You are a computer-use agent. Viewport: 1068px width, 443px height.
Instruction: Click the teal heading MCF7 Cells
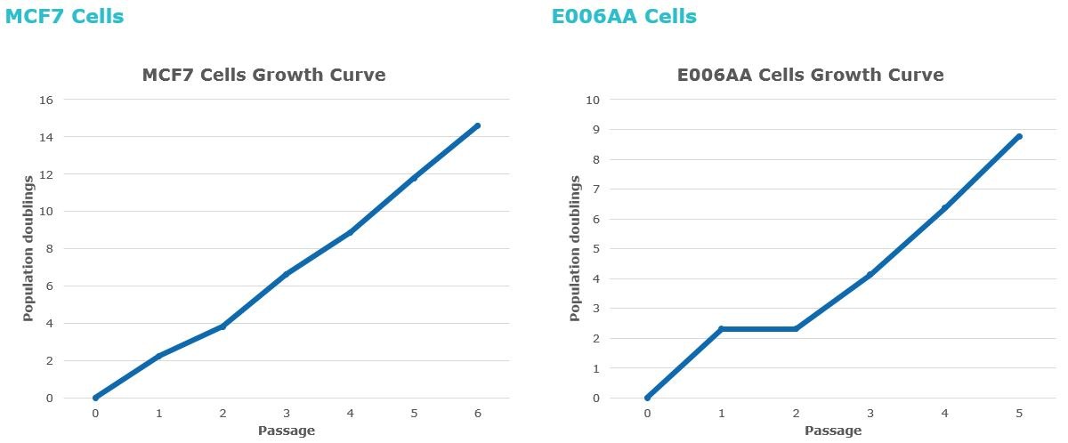point(64,16)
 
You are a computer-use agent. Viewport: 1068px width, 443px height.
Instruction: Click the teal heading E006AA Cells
point(624,16)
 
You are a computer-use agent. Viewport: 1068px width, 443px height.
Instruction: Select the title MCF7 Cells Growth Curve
point(263,75)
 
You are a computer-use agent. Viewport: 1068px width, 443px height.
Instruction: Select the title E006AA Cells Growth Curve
point(810,75)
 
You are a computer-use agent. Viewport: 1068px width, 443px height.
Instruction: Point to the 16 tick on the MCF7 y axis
point(47,100)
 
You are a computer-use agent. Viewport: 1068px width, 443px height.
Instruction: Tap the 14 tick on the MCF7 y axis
point(47,137)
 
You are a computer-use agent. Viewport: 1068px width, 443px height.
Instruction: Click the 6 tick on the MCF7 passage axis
point(478,414)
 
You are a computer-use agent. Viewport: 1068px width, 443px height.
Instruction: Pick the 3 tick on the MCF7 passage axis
point(287,414)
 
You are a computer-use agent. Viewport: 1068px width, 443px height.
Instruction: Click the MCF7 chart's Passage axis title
point(286,431)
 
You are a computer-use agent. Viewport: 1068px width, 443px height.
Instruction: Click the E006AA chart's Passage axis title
point(833,431)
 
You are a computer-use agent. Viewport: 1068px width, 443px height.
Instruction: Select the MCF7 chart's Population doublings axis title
point(28,248)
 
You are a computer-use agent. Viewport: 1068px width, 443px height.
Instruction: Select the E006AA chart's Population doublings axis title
point(575,248)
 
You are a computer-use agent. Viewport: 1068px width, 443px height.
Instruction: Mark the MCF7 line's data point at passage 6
point(478,125)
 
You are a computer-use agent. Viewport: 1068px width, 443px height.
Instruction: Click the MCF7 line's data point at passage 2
point(222,326)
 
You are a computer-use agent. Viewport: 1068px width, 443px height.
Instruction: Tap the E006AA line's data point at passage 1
point(721,329)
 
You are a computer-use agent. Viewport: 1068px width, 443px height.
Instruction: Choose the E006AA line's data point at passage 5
point(1019,136)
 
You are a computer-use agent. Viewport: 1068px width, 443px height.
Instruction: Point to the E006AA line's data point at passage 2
point(796,329)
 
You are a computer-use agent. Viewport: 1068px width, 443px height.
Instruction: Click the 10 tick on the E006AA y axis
point(592,100)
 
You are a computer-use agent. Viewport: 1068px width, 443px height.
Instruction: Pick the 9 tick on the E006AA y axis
point(595,130)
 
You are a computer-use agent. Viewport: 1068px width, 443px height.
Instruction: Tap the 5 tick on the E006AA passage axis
point(1019,414)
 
